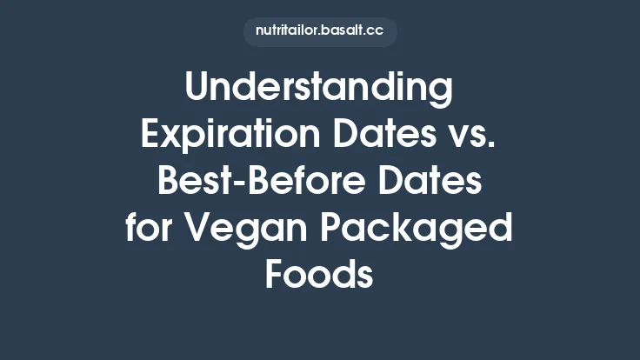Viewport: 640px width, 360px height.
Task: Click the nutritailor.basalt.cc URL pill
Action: [x=320, y=30]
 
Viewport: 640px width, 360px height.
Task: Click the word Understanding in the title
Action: [x=320, y=90]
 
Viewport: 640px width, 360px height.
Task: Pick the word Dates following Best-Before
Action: [x=433, y=183]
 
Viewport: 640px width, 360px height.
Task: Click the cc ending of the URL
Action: [x=377, y=31]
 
